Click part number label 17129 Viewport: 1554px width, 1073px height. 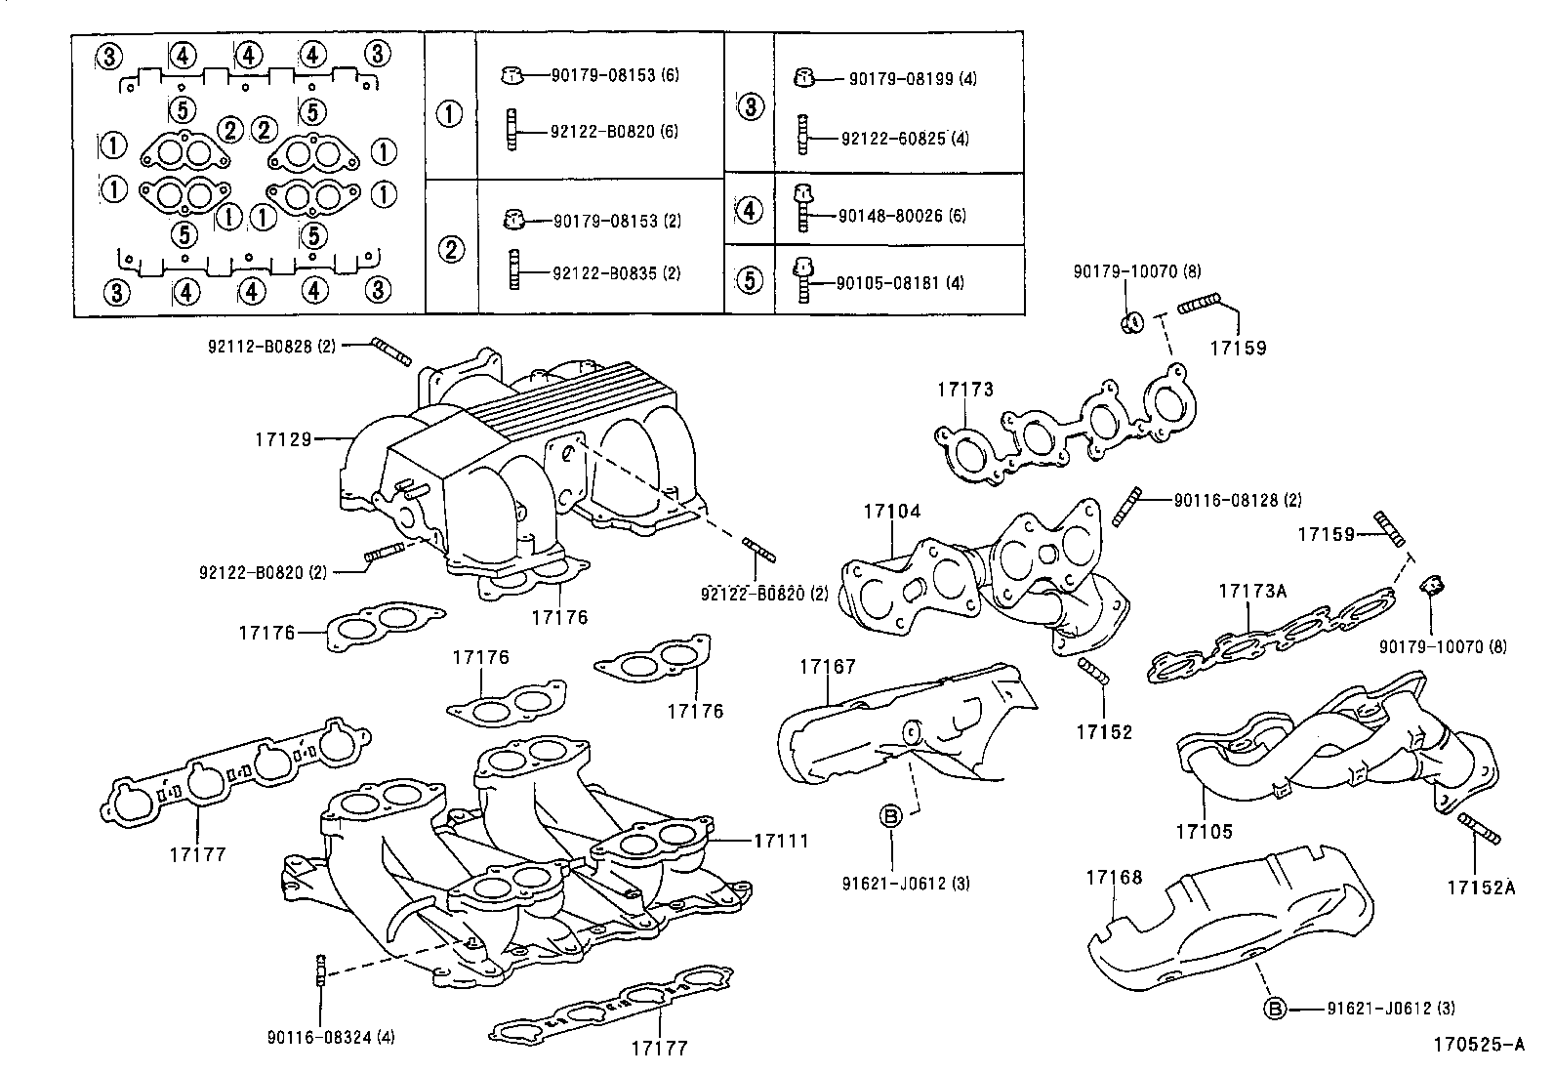click(282, 439)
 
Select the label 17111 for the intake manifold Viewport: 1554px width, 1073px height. click(781, 840)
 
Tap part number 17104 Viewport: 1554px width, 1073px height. click(891, 512)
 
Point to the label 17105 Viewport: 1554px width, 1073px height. click(1204, 832)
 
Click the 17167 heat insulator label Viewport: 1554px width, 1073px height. click(827, 667)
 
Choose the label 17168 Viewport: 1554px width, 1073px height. click(1114, 878)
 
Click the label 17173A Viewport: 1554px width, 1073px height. click(1252, 591)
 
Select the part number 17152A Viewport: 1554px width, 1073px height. click(1481, 887)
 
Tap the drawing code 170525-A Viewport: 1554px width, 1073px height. click(1478, 1044)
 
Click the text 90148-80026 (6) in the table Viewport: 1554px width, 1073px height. click(902, 215)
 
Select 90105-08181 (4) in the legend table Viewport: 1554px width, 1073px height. click(900, 283)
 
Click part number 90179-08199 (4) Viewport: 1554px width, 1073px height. click(912, 79)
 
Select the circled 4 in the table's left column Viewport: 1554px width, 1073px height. click(749, 209)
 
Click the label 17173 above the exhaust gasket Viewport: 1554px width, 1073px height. click(965, 390)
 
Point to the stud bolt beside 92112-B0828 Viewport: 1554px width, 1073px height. click(391, 351)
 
